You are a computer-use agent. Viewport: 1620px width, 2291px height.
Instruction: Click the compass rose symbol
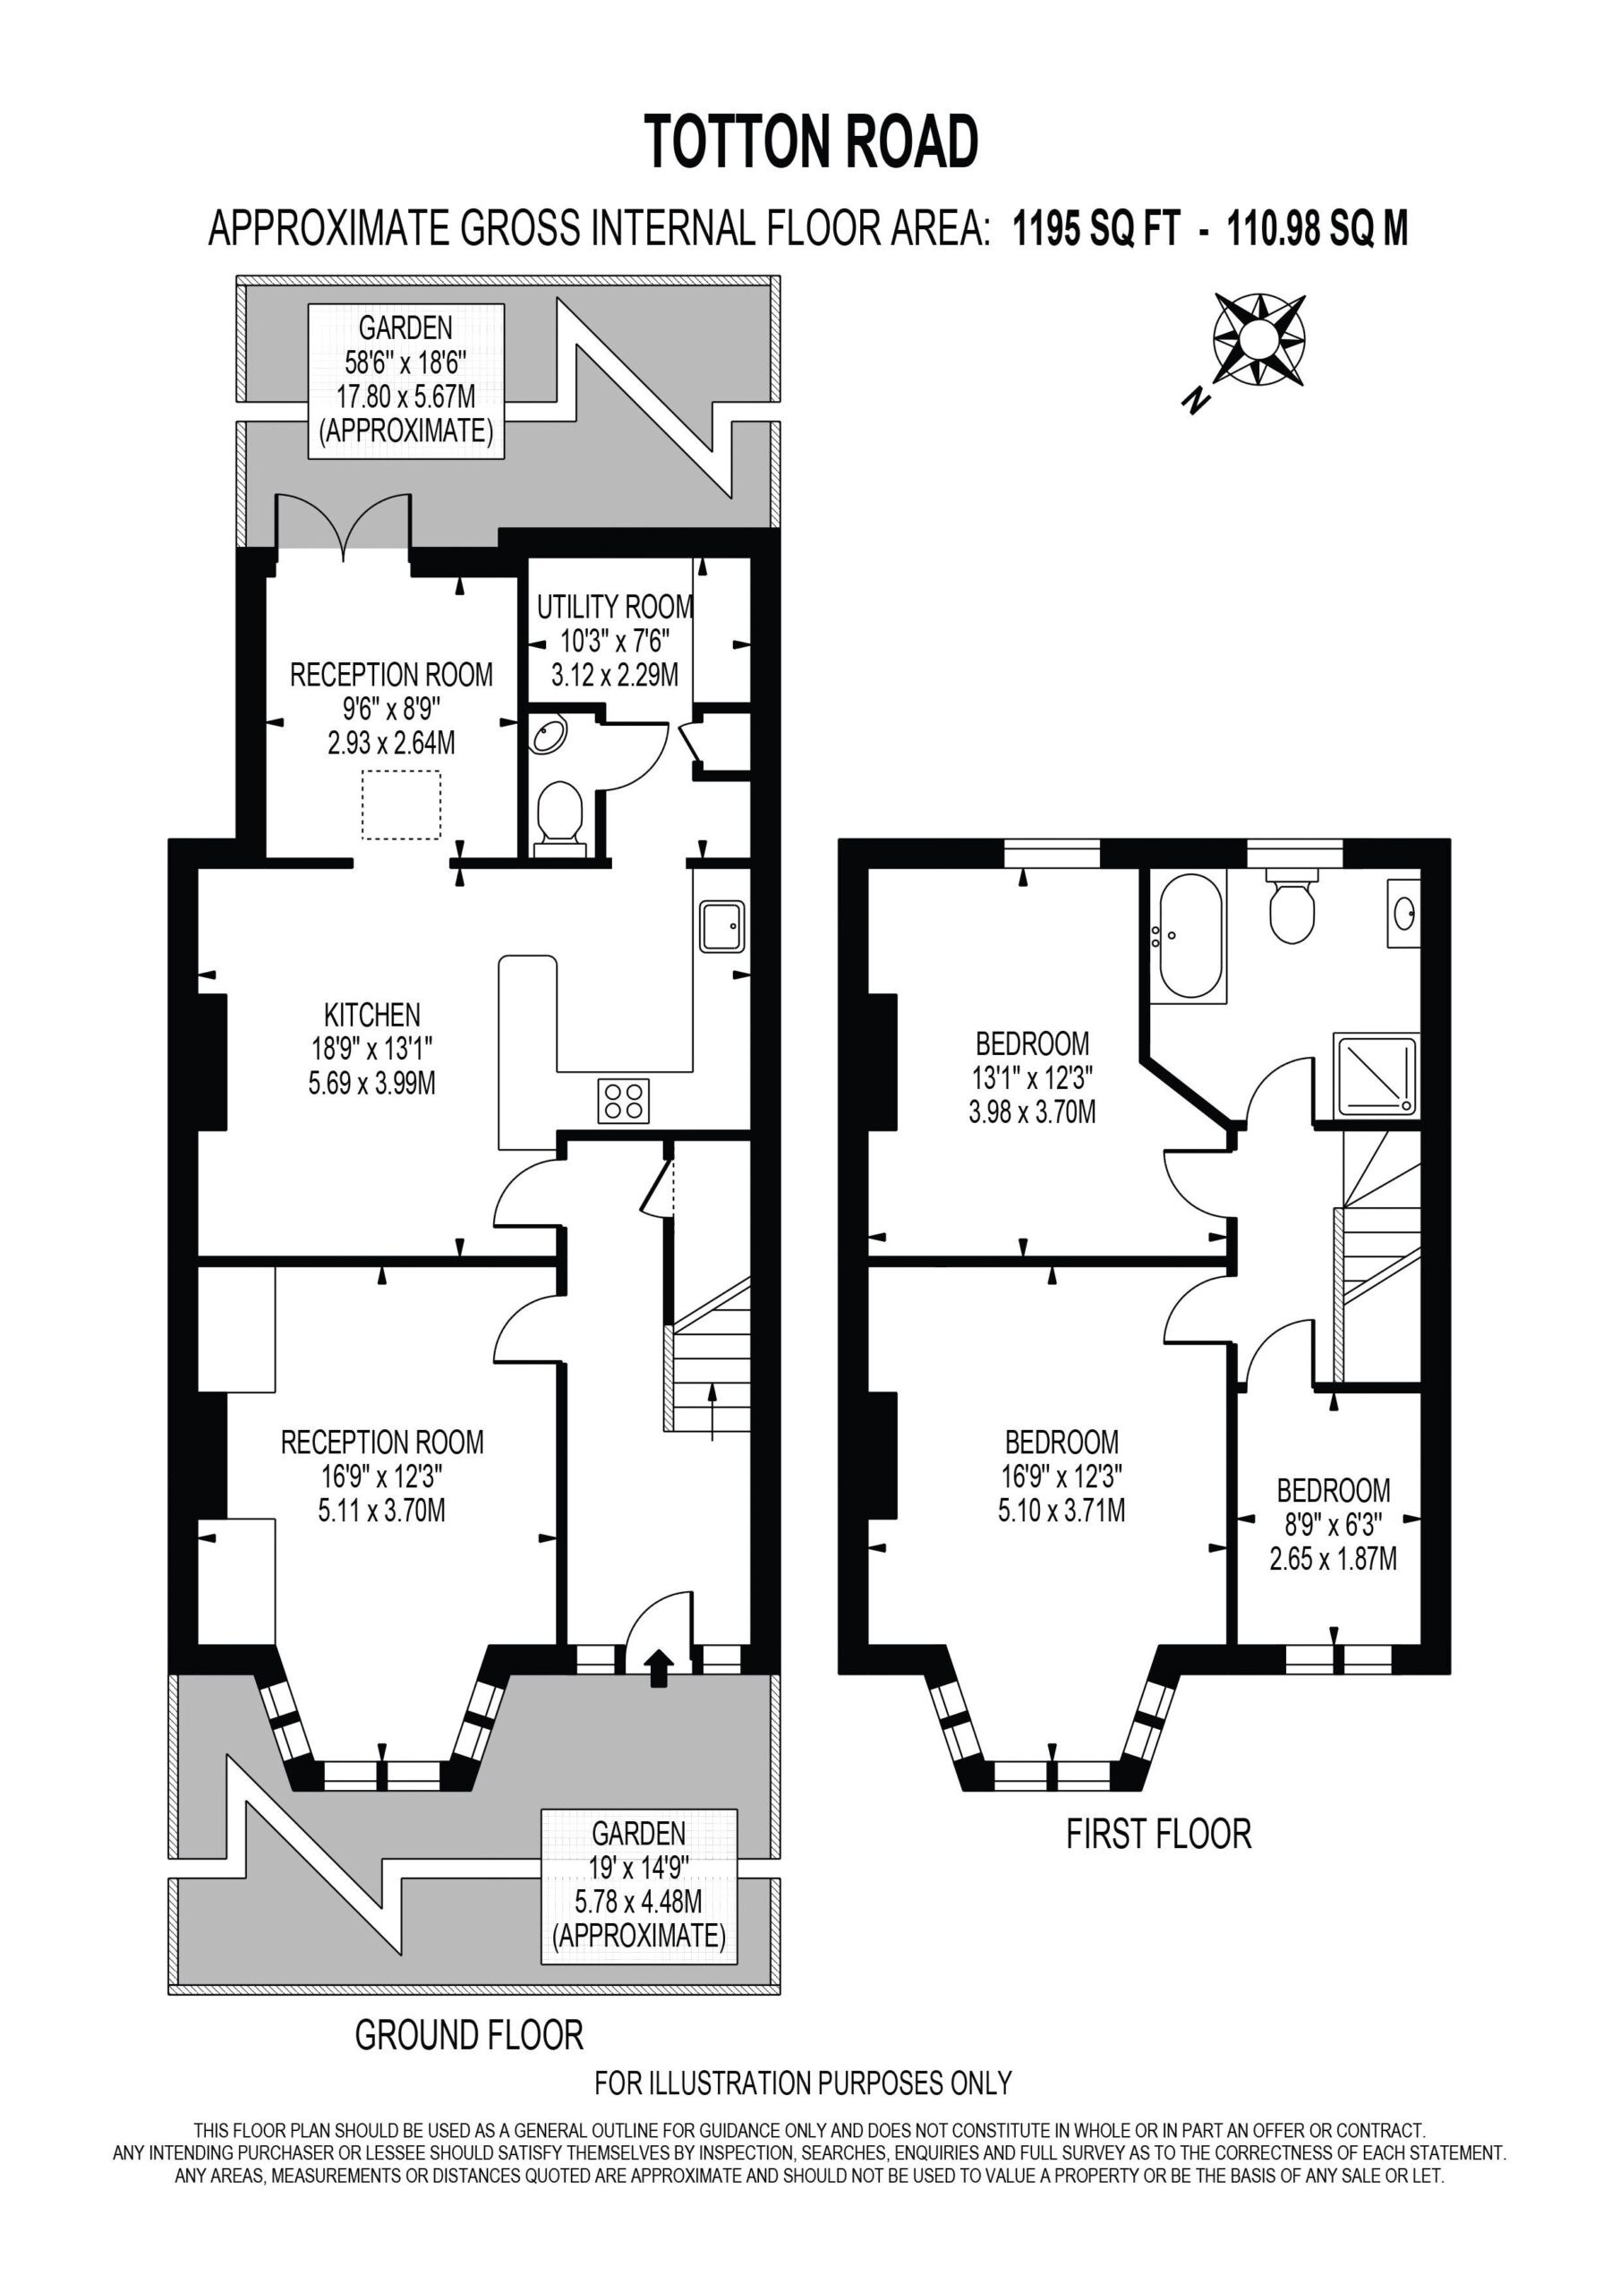pos(1258,339)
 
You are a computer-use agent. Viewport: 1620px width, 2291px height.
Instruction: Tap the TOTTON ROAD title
pos(811,141)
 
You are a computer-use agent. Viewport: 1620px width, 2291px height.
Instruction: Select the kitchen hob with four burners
pos(624,1101)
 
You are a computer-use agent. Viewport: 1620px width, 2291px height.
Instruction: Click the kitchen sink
pos(721,926)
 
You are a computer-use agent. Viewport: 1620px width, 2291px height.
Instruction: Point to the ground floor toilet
pos(559,818)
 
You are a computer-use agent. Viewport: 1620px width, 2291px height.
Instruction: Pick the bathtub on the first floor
pos(1188,936)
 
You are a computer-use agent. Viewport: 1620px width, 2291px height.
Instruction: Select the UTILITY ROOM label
pos(615,606)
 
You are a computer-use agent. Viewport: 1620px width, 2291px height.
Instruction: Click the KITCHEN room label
pos(372,1015)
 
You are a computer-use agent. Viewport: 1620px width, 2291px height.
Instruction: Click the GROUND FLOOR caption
pos(469,2034)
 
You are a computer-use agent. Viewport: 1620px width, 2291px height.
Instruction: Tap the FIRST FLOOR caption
pos(1159,1834)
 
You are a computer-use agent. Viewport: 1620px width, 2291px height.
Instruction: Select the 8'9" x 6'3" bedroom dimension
pos(1333,1524)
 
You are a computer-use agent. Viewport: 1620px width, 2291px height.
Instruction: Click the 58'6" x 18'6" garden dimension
pos(405,362)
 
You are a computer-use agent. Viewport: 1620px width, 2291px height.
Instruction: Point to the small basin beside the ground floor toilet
pos(548,736)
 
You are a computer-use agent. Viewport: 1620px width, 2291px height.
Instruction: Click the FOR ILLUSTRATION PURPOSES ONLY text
pos(804,2082)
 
